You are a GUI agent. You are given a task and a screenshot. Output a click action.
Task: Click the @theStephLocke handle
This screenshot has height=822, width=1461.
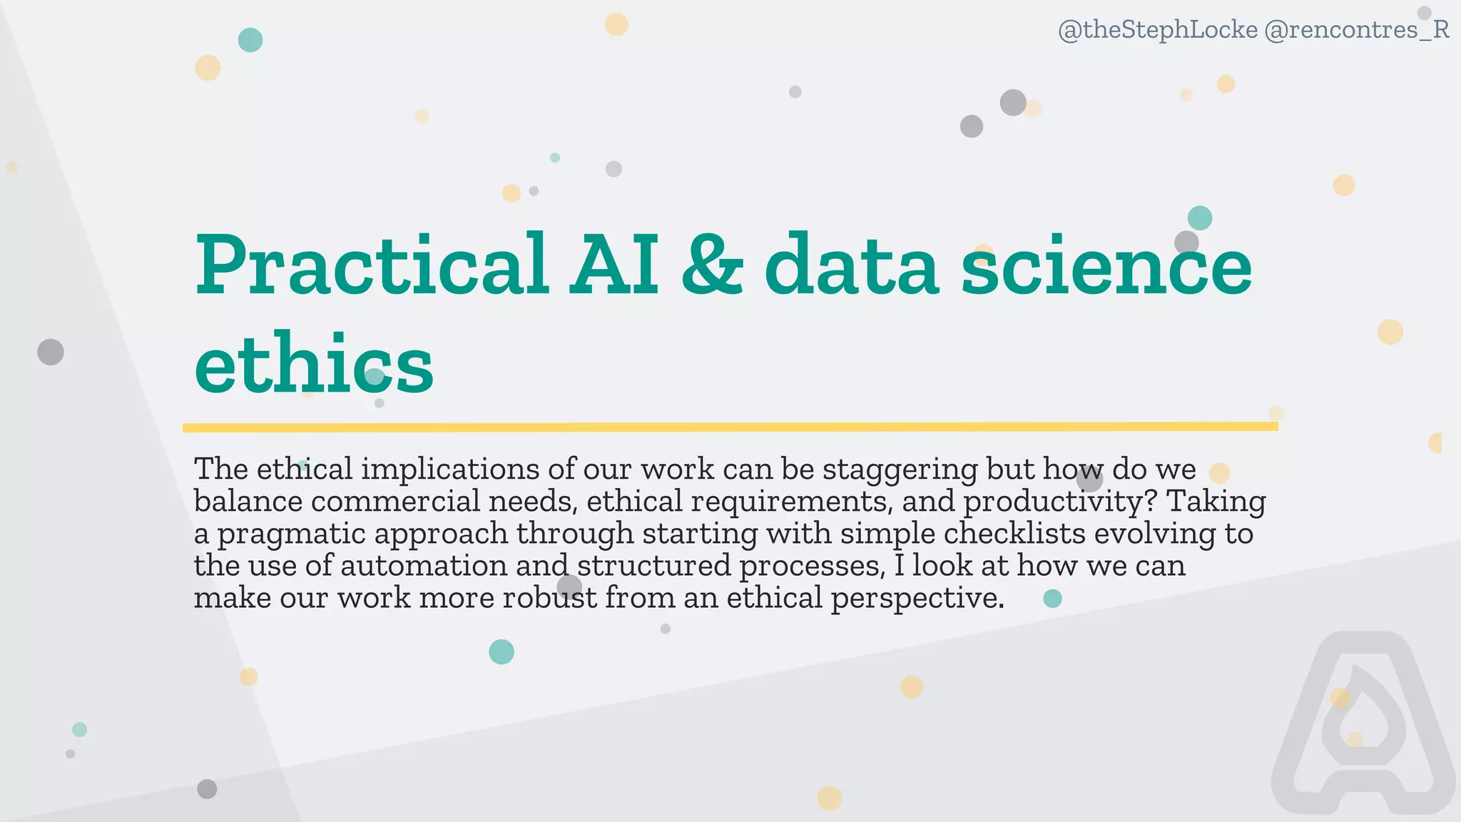click(1157, 30)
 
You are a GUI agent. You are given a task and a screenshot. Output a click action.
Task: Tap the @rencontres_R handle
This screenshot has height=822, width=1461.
click(1356, 30)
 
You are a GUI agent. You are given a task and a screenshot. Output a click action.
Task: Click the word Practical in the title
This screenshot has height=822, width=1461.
click(372, 265)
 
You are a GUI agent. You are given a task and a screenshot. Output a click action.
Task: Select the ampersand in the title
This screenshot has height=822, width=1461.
click(712, 265)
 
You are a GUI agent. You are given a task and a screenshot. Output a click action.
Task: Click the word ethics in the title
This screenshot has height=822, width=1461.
click(314, 364)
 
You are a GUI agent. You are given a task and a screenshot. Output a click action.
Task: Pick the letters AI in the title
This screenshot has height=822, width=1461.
click(614, 265)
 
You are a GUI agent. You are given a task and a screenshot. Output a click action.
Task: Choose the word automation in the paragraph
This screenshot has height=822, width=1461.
click(424, 566)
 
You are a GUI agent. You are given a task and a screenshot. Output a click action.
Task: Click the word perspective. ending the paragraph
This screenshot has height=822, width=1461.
click(917, 598)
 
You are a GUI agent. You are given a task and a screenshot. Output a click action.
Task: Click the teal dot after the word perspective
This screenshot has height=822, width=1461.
click(1052, 599)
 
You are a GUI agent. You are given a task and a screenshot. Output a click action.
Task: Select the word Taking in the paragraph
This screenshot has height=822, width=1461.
click(1216, 502)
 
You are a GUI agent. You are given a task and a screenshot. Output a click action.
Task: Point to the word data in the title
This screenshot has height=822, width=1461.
click(852, 265)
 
